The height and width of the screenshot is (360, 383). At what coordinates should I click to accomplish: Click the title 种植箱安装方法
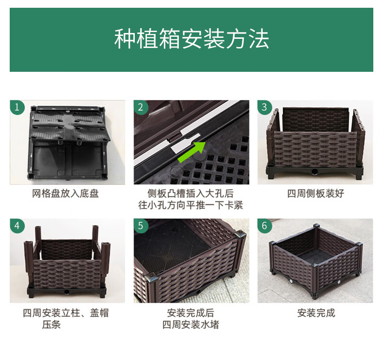(x=191, y=39)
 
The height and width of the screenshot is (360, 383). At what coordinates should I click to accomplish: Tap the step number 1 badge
(x=17, y=107)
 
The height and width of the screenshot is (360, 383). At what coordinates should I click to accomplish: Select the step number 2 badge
(x=141, y=107)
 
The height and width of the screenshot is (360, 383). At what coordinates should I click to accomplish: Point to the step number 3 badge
(x=265, y=107)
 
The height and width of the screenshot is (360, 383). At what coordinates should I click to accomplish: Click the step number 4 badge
(x=17, y=226)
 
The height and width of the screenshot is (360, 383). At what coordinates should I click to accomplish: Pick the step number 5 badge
(x=141, y=226)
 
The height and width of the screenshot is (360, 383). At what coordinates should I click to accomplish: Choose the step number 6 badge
(x=265, y=226)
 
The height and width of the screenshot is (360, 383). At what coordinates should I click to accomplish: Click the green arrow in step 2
(x=192, y=151)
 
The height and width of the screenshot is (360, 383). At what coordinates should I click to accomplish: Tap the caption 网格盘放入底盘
(x=65, y=194)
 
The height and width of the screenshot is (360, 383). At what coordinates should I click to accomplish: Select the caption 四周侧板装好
(x=316, y=194)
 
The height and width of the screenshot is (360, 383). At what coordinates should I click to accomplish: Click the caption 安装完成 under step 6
(x=316, y=313)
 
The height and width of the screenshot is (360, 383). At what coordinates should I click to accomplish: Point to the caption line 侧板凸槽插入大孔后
(x=191, y=194)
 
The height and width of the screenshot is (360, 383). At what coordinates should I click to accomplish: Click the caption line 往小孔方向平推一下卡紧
(x=191, y=205)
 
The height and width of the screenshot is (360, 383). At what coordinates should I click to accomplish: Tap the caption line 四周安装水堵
(x=191, y=325)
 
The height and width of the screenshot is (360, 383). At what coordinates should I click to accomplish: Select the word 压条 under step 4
(x=51, y=325)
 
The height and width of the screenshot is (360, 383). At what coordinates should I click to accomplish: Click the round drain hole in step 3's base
(x=314, y=172)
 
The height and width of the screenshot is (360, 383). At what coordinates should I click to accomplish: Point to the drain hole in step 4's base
(x=66, y=292)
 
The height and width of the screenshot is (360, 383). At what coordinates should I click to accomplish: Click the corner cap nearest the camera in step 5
(x=152, y=278)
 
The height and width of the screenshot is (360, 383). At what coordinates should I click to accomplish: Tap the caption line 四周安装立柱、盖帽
(x=65, y=313)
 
